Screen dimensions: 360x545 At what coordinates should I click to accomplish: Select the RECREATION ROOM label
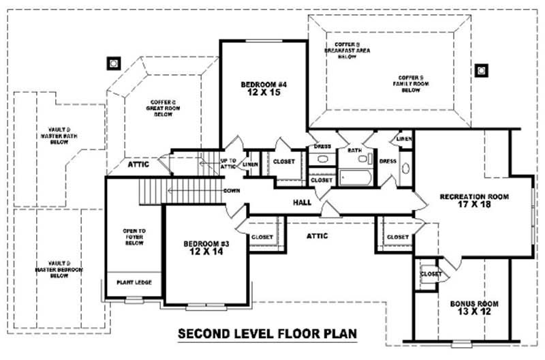474,197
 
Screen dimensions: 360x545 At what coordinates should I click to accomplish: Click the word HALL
302,202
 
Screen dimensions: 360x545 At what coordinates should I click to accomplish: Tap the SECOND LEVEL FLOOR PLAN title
267,334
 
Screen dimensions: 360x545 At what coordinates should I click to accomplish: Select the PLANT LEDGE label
134,282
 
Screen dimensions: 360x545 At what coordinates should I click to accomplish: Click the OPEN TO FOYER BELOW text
134,236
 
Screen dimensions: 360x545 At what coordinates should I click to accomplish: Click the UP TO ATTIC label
228,164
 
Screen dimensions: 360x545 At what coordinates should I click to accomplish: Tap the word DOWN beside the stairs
231,190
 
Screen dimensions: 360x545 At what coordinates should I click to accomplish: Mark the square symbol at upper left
113,63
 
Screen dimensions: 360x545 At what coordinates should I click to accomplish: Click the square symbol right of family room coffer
482,70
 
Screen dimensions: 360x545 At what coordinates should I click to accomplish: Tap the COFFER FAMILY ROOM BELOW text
411,83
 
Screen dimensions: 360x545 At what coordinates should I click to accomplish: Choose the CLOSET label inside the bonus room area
431,274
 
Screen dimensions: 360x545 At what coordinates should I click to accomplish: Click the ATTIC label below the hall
317,236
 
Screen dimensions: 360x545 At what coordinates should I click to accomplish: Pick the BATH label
354,150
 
